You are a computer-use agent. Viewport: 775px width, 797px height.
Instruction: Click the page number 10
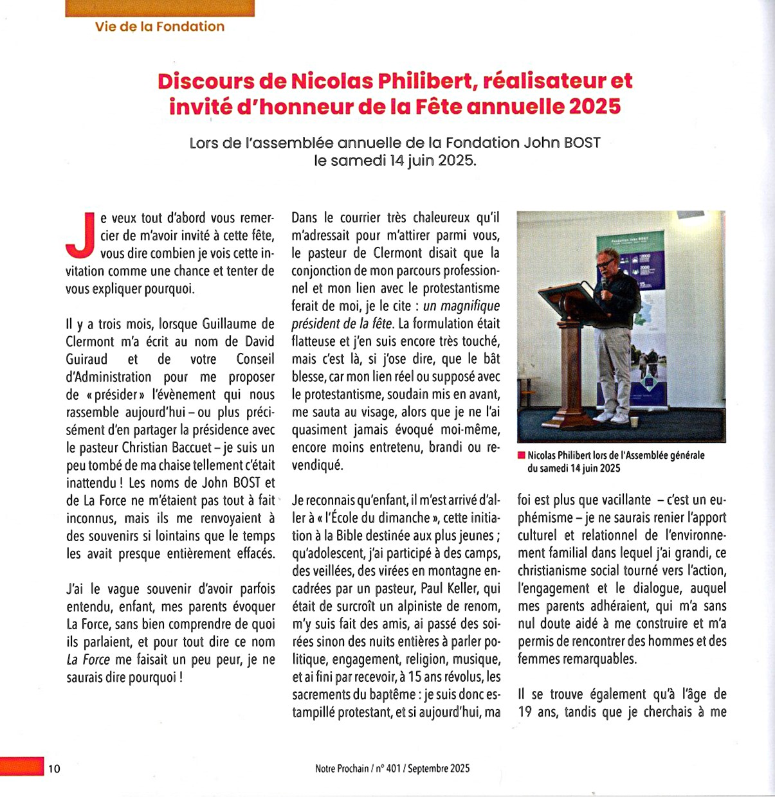click(54, 768)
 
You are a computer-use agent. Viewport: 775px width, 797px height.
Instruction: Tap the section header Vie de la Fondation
click(160, 26)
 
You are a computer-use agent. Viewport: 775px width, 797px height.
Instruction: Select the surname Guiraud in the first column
click(87, 359)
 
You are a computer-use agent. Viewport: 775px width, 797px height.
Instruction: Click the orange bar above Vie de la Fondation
click(160, 8)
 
